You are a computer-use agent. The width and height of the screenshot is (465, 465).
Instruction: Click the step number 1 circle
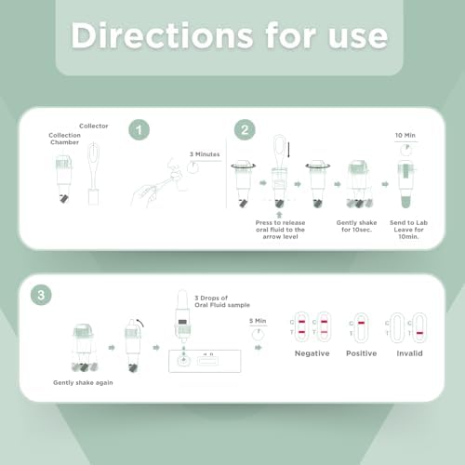click(x=139, y=130)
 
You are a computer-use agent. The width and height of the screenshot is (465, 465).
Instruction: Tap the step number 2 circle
click(x=245, y=130)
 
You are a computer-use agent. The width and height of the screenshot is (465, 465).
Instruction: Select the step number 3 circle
click(x=41, y=295)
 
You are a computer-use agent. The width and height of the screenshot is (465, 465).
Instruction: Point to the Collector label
click(x=94, y=126)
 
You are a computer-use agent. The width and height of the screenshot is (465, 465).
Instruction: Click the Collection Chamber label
click(x=64, y=139)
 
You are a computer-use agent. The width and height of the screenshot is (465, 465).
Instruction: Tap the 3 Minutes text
click(x=205, y=154)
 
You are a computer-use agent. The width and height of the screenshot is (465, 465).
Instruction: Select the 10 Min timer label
click(x=405, y=135)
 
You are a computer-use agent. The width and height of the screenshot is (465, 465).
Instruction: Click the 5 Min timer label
click(x=258, y=321)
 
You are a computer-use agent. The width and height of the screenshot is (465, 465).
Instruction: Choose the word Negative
click(x=312, y=353)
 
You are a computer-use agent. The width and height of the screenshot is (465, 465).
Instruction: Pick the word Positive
click(x=362, y=353)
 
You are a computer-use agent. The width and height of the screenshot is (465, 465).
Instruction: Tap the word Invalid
click(x=409, y=353)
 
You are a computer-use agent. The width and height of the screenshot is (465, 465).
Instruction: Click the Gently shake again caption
click(x=83, y=383)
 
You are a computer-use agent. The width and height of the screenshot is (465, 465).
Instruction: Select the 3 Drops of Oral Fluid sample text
click(x=222, y=301)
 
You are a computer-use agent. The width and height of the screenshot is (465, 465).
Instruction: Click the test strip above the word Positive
click(x=361, y=327)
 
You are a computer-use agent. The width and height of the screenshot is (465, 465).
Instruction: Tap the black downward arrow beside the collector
click(x=288, y=150)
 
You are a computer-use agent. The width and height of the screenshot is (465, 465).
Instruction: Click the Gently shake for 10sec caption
click(x=356, y=226)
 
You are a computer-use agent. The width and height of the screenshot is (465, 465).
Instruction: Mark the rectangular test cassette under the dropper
click(x=205, y=361)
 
